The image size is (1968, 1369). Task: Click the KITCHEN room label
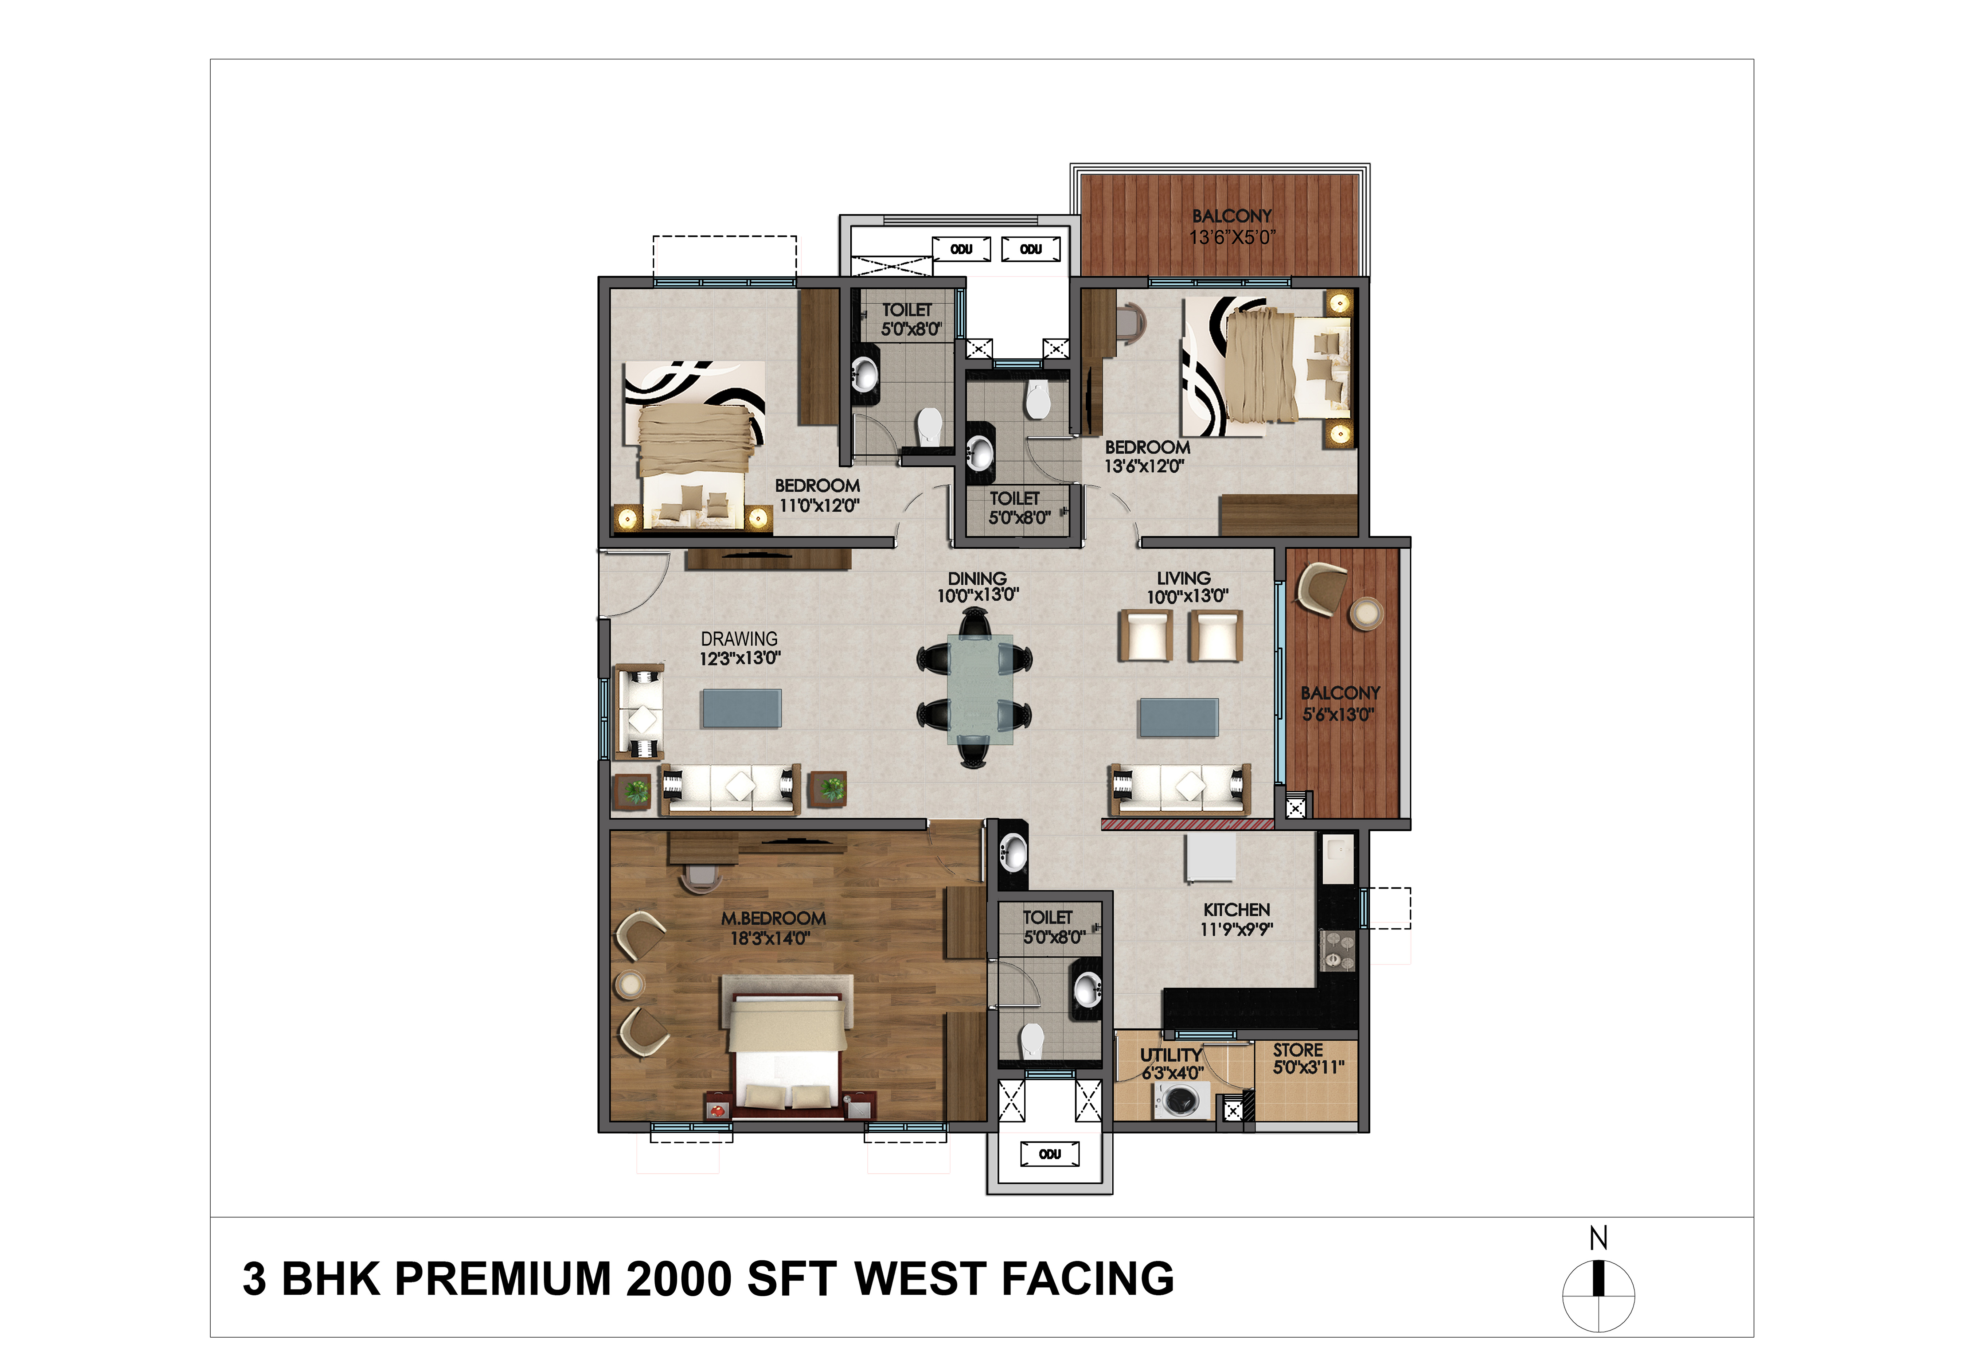pyautogui.click(x=1236, y=909)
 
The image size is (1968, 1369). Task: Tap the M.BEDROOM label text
pyautogui.click(x=773, y=918)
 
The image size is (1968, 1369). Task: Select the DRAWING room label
pyautogui.click(x=739, y=639)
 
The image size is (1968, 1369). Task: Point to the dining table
pyautogui.click(x=979, y=689)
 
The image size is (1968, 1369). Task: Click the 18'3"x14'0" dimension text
pyautogui.click(x=770, y=938)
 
